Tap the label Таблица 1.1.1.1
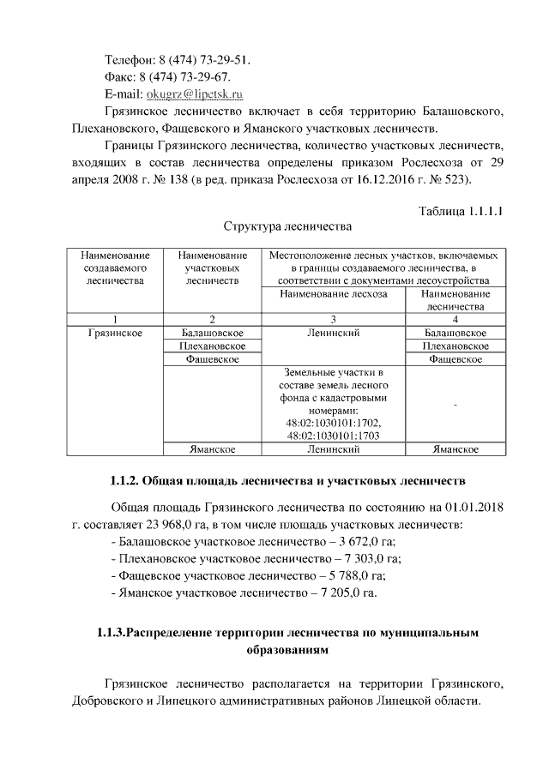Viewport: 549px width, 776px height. click(459, 211)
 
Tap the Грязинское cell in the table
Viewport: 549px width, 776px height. click(115, 333)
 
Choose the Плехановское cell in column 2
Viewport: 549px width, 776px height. click(212, 346)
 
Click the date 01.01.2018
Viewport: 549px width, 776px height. click(472, 507)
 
